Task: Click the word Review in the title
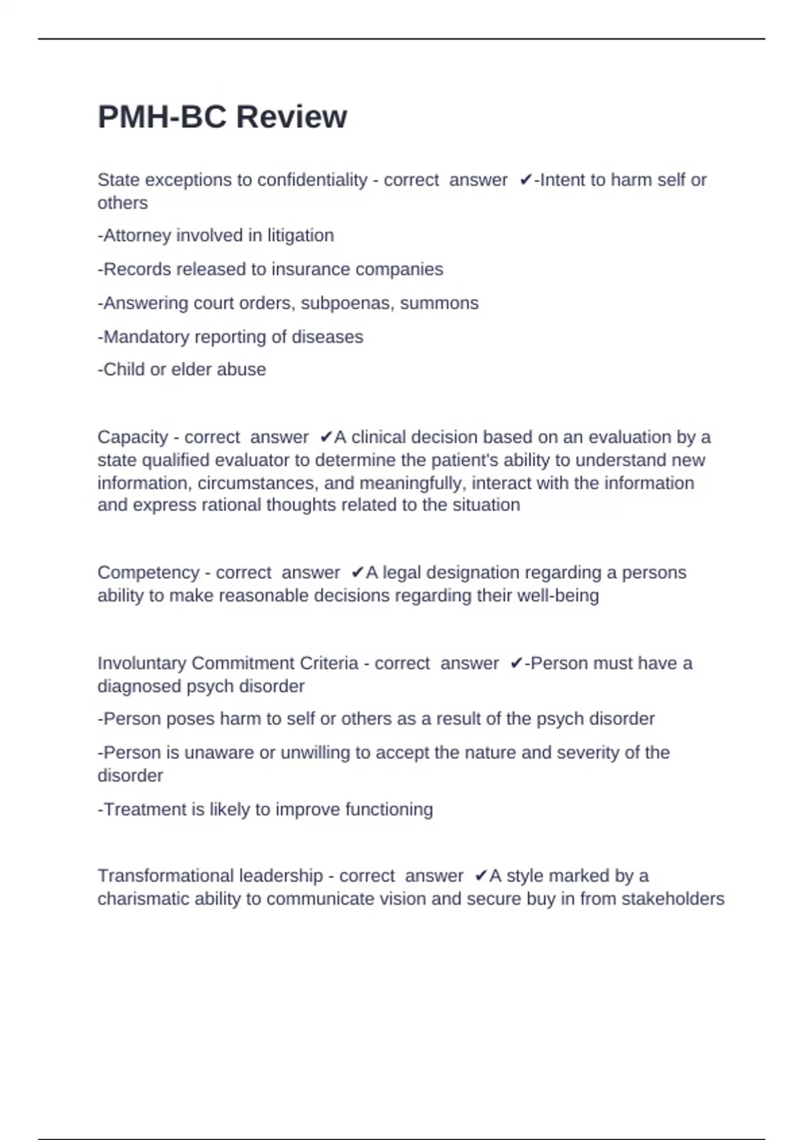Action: coord(291,117)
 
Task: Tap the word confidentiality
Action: coord(312,180)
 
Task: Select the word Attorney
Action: coord(137,235)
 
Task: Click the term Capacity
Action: coord(133,437)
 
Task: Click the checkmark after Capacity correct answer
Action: coord(326,437)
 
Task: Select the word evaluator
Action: coord(249,460)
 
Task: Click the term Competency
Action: coord(148,573)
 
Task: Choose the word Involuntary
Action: coord(141,663)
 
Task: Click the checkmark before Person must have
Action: coord(516,663)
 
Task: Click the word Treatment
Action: coord(145,809)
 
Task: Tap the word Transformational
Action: coord(165,876)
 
